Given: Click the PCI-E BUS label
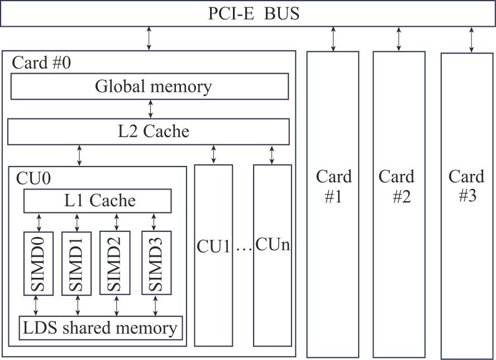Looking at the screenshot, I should [254, 13].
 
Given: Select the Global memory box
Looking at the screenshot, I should [150, 87].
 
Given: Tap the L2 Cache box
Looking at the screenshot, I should [149, 131].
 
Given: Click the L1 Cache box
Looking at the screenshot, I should [97, 200].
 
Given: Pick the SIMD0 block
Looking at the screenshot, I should [39, 263].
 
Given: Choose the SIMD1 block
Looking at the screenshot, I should [77, 263].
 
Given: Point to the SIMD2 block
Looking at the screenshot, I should [115, 263].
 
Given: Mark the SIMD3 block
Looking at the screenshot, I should [156, 263].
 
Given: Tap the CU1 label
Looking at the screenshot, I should [213, 247].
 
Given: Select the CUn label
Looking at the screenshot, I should [273, 245].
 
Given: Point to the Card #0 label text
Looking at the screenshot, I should [41, 62].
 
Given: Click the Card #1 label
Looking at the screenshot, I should [333, 187].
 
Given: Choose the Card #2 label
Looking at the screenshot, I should [397, 187].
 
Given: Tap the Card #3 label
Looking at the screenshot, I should [466, 187].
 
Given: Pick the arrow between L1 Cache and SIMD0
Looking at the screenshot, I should [39, 221].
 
